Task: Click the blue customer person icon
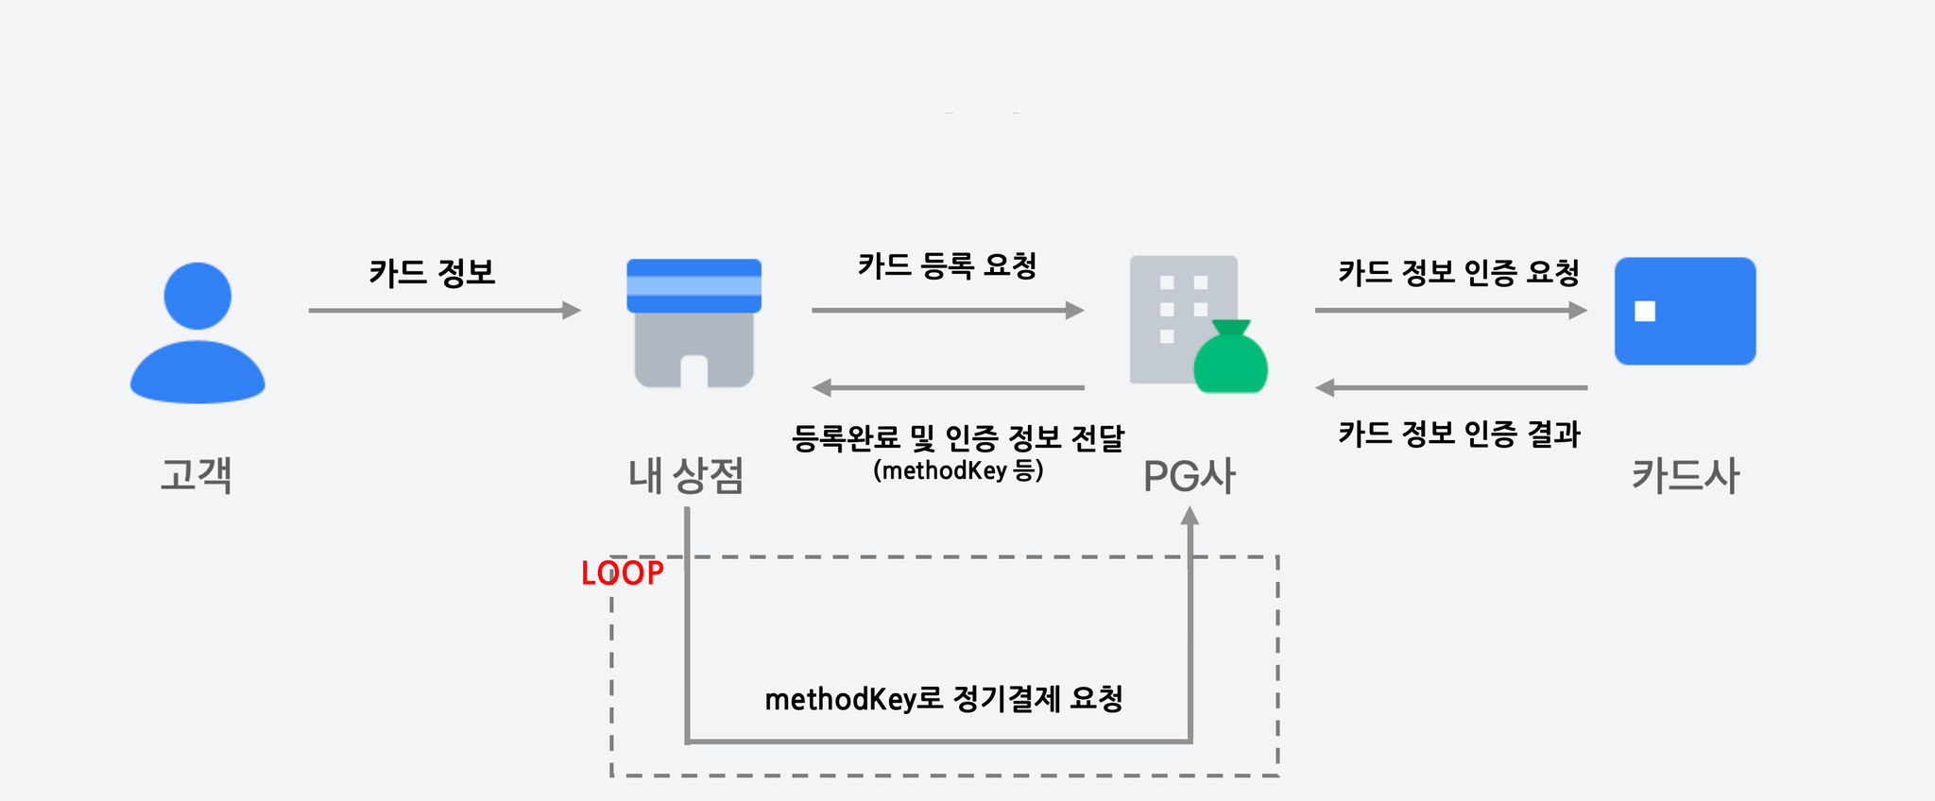(197, 332)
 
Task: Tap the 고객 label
(197, 474)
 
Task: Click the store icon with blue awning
(694, 323)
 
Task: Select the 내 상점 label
(687, 475)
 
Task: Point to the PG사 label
(1190, 476)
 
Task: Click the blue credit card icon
(1686, 311)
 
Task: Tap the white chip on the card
(1645, 311)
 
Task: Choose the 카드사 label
(1686, 475)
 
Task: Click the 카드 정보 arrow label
(433, 273)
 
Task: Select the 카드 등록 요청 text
(948, 265)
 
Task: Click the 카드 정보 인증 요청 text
(1459, 273)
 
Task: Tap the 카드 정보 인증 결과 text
(1459, 435)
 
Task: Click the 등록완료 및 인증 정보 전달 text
(958, 437)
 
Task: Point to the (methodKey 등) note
(958, 470)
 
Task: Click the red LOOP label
(623, 573)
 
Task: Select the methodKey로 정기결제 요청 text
(944, 699)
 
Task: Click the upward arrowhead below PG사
(1190, 516)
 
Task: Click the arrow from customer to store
(444, 310)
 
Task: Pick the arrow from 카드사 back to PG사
(1451, 387)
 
